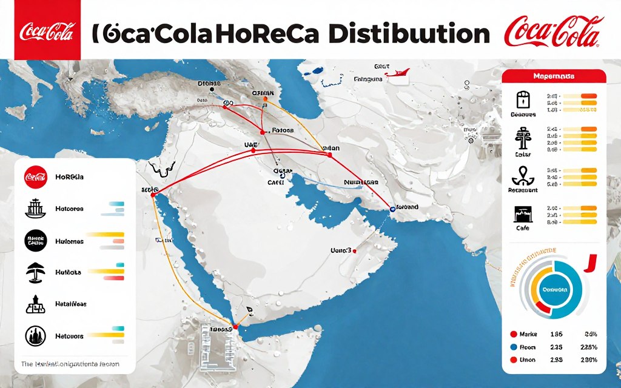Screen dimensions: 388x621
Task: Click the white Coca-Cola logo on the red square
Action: click(x=47, y=31)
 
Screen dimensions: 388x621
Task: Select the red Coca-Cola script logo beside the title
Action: click(x=554, y=32)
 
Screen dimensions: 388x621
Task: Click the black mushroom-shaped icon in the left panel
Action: click(x=35, y=273)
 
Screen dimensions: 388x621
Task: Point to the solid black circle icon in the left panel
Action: click(x=35, y=241)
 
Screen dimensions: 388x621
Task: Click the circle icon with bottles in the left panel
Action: click(x=35, y=335)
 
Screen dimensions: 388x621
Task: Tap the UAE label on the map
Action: click(x=250, y=145)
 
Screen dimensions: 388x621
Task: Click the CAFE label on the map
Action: click(x=276, y=181)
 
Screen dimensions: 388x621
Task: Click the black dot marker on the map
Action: click(x=212, y=89)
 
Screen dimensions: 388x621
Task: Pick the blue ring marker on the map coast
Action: click(x=392, y=209)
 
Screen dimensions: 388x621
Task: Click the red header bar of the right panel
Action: click(x=554, y=76)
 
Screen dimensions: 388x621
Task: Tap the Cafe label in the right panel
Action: click(x=522, y=228)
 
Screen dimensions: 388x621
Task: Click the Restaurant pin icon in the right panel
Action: click(x=522, y=175)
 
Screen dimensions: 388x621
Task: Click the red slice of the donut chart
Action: click(x=542, y=310)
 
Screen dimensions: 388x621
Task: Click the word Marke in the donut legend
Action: click(x=529, y=334)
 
